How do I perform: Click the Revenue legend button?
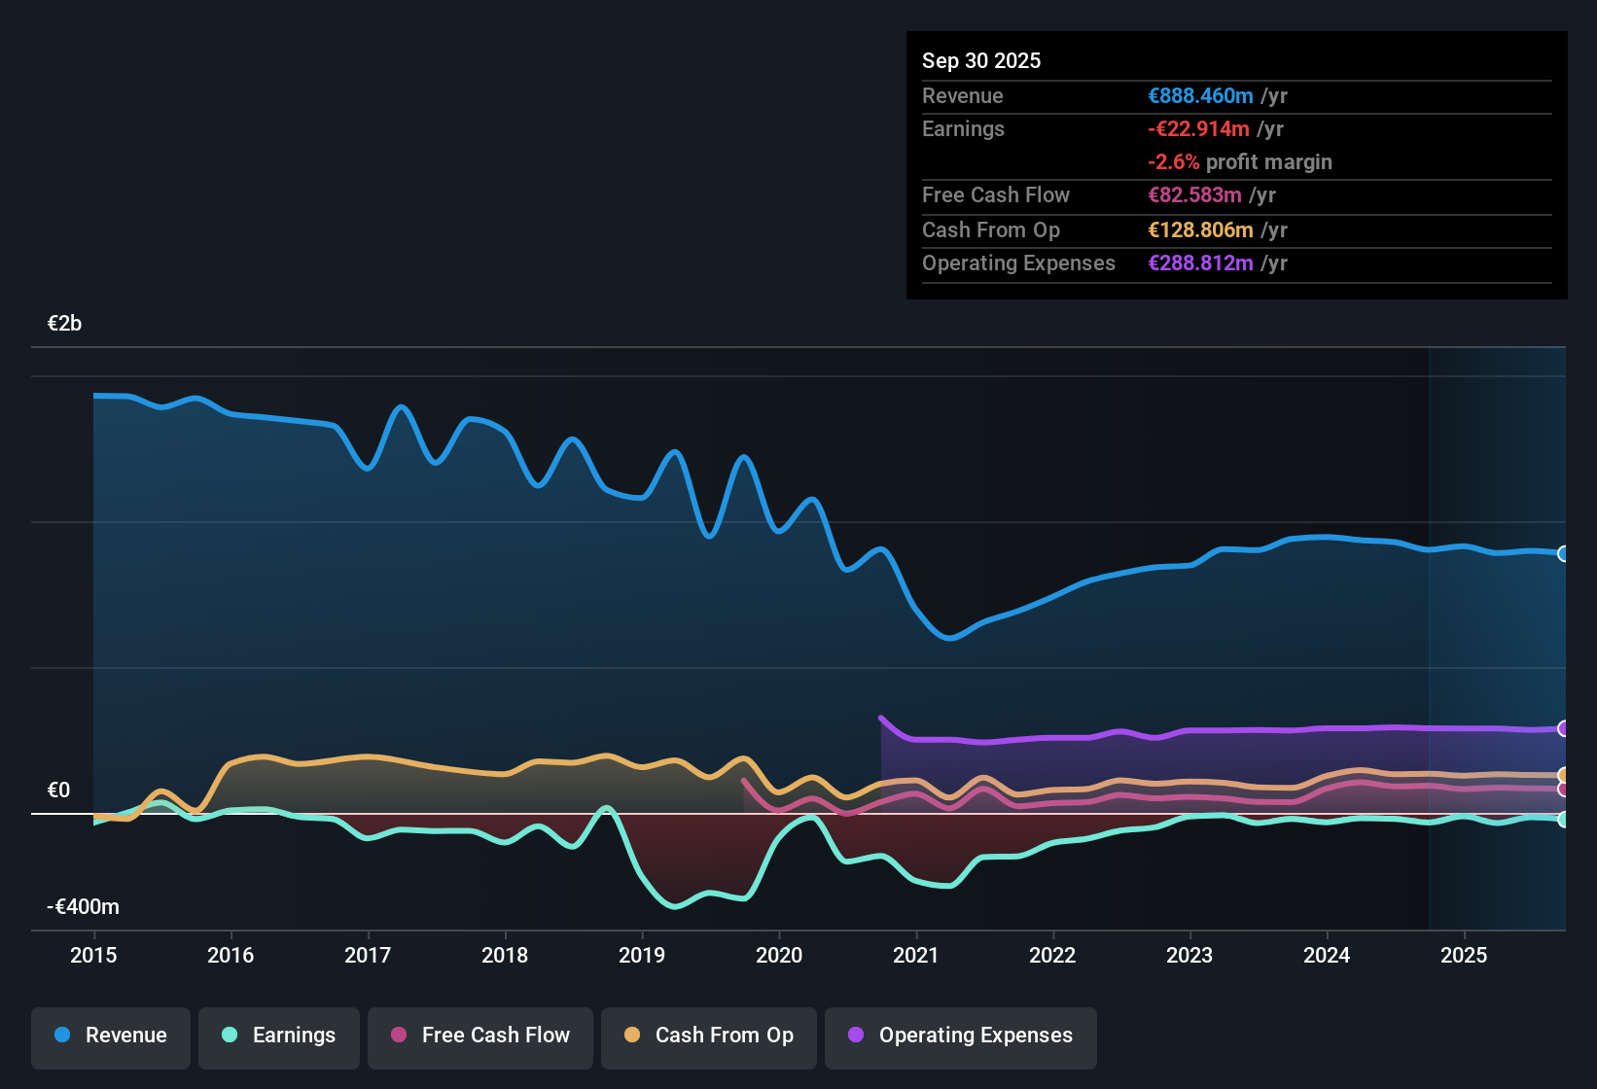[111, 1036]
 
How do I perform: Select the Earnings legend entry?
[279, 1036]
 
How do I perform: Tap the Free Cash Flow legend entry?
[480, 1036]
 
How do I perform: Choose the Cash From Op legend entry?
[709, 1036]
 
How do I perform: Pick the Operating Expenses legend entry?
[961, 1036]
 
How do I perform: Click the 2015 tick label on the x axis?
[93, 955]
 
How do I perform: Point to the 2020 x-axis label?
[779, 955]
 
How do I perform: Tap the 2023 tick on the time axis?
[1189, 955]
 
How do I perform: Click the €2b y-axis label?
[65, 324]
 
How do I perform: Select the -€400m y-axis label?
[84, 907]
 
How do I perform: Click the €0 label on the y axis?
[59, 790]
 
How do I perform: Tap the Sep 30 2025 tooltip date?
[981, 60]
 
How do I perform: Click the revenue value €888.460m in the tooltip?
[1200, 95]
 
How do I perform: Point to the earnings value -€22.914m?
[1198, 128]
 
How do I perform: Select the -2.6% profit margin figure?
[1174, 161]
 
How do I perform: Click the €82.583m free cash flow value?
[1194, 194]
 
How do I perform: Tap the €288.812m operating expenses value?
[1200, 263]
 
